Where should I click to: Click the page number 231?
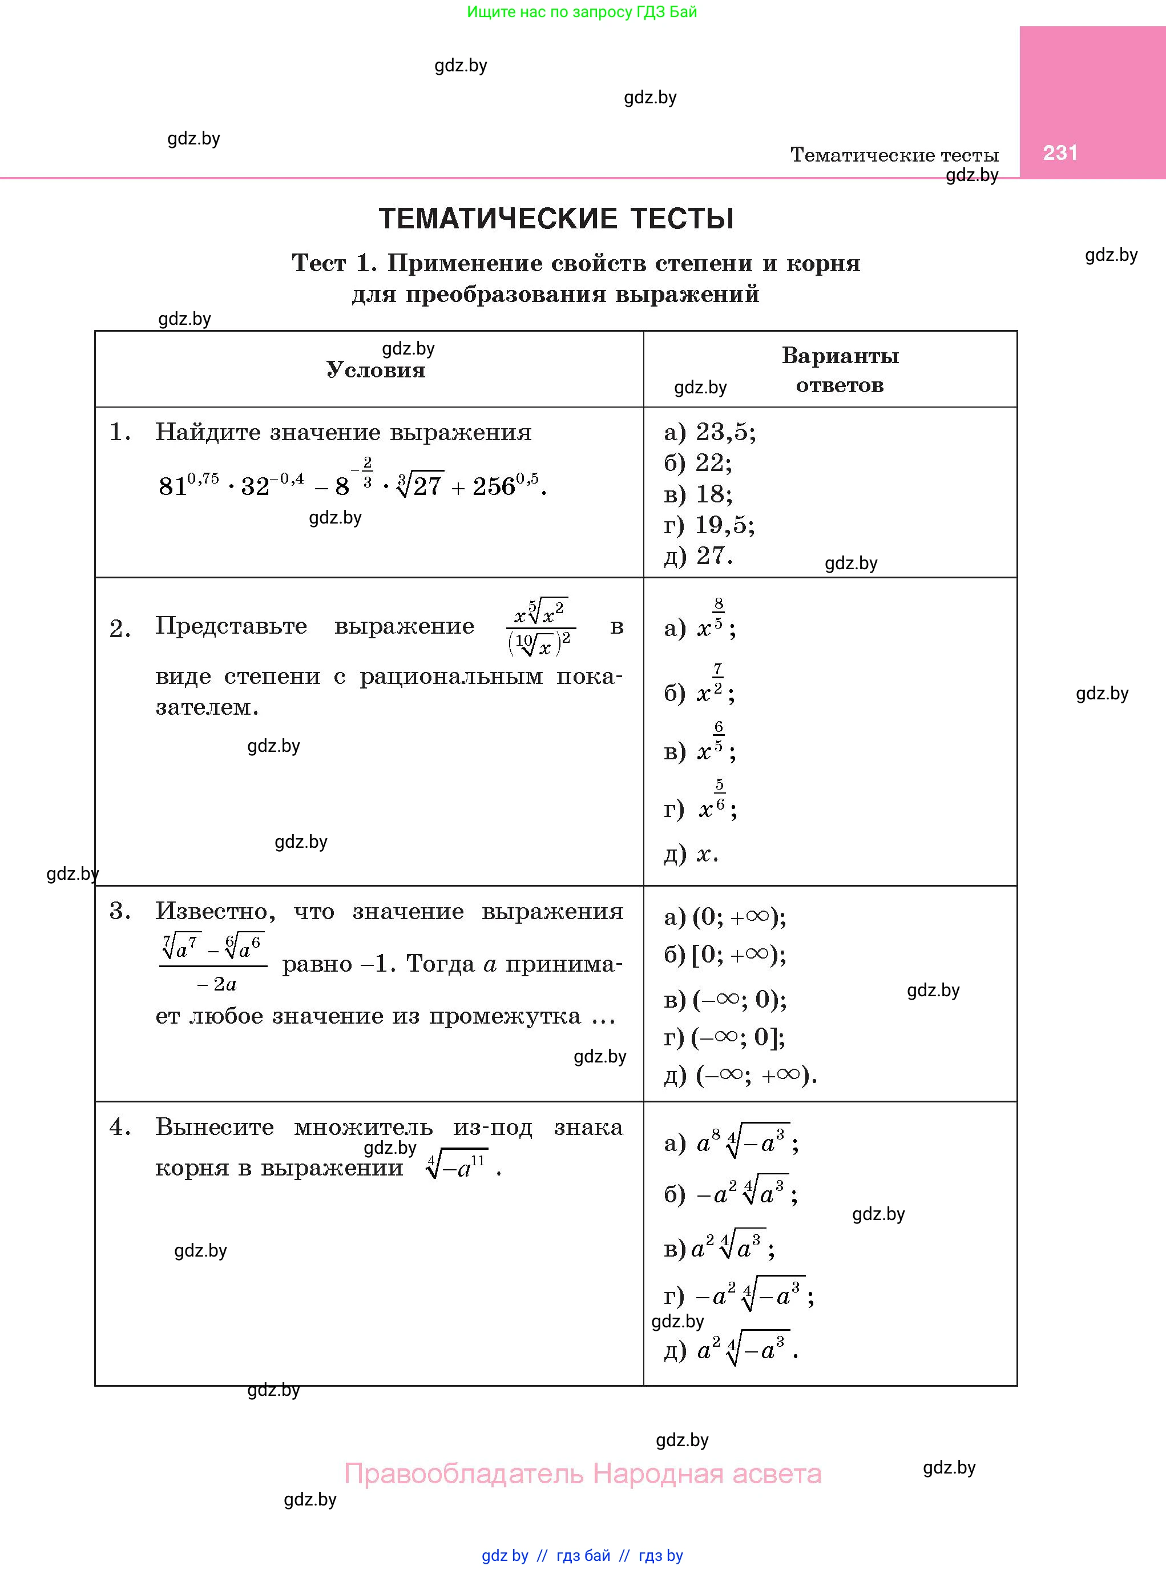1060,152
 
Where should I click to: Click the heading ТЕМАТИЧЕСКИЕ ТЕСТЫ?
556,219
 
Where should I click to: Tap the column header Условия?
376,370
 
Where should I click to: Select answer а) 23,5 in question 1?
710,432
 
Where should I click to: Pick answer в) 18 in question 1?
699,494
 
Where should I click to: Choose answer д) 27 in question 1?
699,556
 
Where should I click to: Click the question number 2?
120,628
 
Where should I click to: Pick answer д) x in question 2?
691,854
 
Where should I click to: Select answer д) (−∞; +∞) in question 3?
740,1074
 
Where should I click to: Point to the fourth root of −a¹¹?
457,1168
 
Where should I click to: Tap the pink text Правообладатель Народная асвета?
582,1474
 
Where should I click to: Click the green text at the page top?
582,12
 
